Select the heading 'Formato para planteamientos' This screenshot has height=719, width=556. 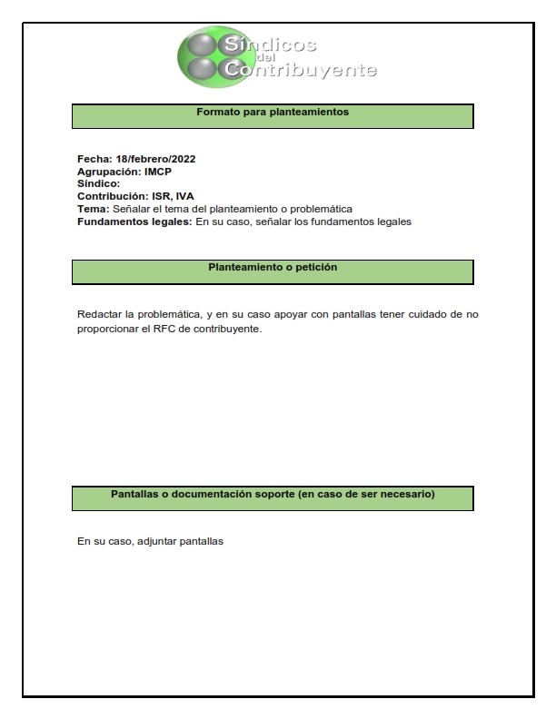coord(273,113)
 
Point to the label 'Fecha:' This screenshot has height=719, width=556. coord(94,159)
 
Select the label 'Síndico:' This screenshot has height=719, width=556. coord(98,183)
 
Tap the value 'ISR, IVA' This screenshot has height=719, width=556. coord(172,196)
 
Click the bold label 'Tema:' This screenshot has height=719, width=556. coord(93,209)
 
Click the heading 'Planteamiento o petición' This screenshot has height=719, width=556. coord(273,269)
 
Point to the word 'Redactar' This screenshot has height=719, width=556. coord(101,315)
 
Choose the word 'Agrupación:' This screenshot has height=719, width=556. coord(109,172)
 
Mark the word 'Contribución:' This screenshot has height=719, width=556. coord(113,196)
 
